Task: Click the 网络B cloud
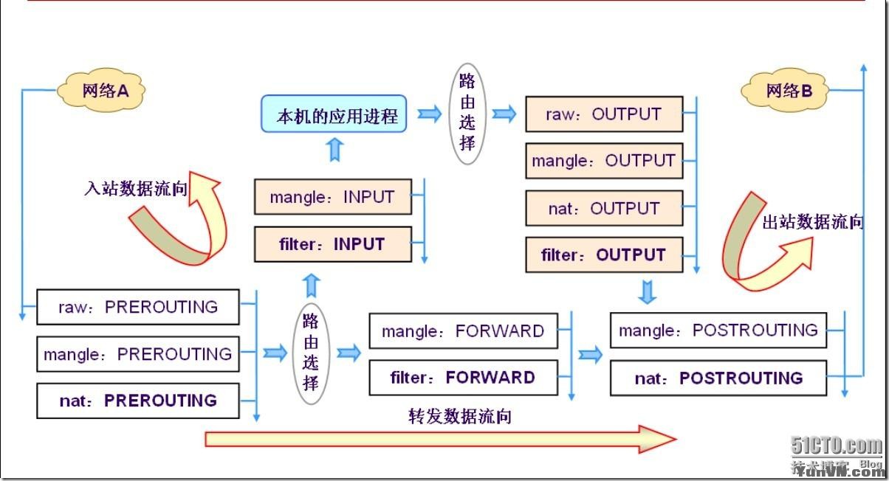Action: (x=787, y=91)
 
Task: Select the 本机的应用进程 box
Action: (x=334, y=114)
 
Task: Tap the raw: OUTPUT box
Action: (x=604, y=114)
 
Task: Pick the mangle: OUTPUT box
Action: (x=604, y=161)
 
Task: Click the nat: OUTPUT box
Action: (x=604, y=208)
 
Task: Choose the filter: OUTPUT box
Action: (x=604, y=255)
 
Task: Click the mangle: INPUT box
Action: (x=332, y=197)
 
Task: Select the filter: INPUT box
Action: (x=332, y=244)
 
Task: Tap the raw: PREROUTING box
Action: (x=138, y=307)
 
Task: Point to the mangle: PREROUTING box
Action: (x=138, y=354)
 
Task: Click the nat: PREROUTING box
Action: (x=138, y=401)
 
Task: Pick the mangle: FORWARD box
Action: (x=463, y=331)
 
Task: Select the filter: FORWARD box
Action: (x=463, y=378)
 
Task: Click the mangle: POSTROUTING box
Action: (x=718, y=331)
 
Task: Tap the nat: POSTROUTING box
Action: (x=718, y=378)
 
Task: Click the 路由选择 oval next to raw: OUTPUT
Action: (x=467, y=113)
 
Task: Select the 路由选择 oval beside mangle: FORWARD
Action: (x=311, y=352)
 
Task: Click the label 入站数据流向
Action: (x=136, y=189)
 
